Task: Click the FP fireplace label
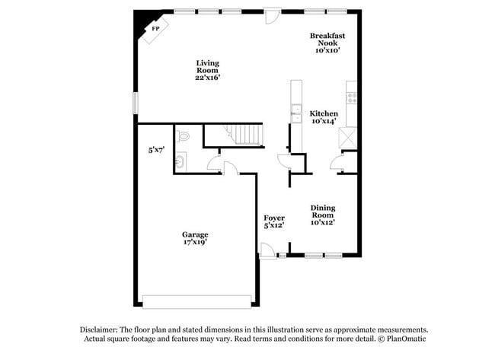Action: point(156,28)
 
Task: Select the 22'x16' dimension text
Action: point(208,77)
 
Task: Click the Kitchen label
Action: point(324,113)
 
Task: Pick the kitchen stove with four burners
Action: point(352,97)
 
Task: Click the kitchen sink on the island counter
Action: point(295,116)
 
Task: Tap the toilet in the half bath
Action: point(182,138)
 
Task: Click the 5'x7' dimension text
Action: point(156,151)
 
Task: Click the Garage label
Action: point(194,234)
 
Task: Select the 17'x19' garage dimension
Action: point(194,243)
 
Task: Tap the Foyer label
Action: point(274,218)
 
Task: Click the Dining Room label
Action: point(323,211)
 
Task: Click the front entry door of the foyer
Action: point(267,250)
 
